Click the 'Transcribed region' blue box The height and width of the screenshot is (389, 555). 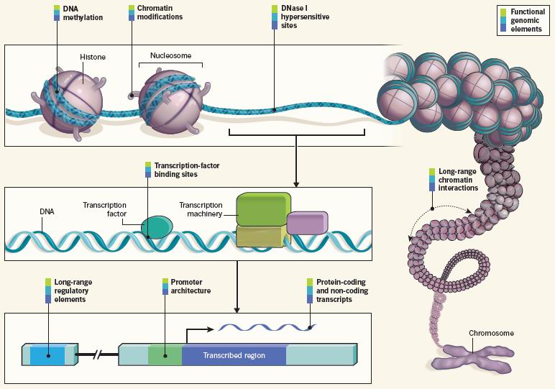click(x=234, y=355)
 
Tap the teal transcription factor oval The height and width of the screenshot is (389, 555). click(x=157, y=227)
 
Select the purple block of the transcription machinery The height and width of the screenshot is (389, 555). click(x=307, y=223)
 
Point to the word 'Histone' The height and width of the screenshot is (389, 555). click(x=93, y=57)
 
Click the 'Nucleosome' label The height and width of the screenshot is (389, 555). click(x=170, y=55)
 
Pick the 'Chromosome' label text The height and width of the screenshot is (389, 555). click(x=491, y=333)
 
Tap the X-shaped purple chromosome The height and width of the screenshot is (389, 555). click(x=473, y=358)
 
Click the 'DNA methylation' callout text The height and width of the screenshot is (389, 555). click(x=83, y=13)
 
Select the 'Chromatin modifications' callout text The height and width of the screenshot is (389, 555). click(x=160, y=12)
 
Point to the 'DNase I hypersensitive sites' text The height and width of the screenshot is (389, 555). click(x=305, y=17)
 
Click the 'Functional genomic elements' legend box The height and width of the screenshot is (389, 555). click(x=523, y=20)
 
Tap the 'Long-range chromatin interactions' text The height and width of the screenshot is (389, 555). click(x=458, y=180)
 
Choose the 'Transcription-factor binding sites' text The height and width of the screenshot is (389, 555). click(x=187, y=170)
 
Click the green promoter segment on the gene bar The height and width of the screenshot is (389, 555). click(x=165, y=354)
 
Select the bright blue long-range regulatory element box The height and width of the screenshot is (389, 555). click(x=47, y=355)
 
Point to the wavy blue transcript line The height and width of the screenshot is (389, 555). click(x=267, y=327)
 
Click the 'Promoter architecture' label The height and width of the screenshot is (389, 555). click(x=191, y=286)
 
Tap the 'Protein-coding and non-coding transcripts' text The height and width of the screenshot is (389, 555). click(x=342, y=290)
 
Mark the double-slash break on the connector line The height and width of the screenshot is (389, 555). click(x=97, y=354)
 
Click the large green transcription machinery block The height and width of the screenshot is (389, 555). click(x=264, y=209)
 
